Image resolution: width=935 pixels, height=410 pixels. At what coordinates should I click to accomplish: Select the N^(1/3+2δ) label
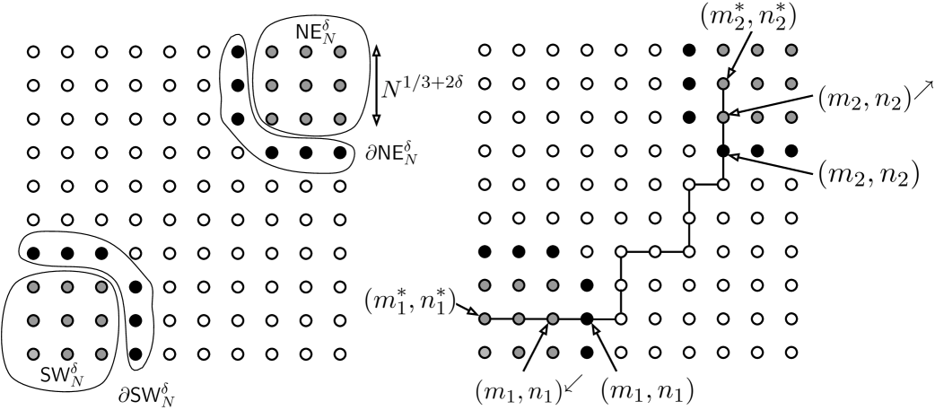point(420,86)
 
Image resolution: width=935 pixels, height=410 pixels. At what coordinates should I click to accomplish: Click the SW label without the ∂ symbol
point(61,373)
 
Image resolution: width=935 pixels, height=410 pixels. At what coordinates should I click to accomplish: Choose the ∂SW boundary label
point(146,396)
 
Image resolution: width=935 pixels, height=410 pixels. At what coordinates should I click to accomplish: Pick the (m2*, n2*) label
point(747,17)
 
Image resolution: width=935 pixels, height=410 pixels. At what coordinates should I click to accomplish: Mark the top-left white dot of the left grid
point(33,51)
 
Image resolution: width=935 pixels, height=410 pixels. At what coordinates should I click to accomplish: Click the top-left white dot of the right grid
point(485,50)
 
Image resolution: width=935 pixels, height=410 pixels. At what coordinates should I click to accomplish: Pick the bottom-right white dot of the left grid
point(339,353)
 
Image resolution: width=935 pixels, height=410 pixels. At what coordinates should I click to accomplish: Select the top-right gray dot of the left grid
point(339,51)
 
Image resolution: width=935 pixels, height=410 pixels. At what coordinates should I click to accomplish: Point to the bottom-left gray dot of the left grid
point(33,353)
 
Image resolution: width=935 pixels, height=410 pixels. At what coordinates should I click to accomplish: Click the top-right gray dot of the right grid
point(791,50)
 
